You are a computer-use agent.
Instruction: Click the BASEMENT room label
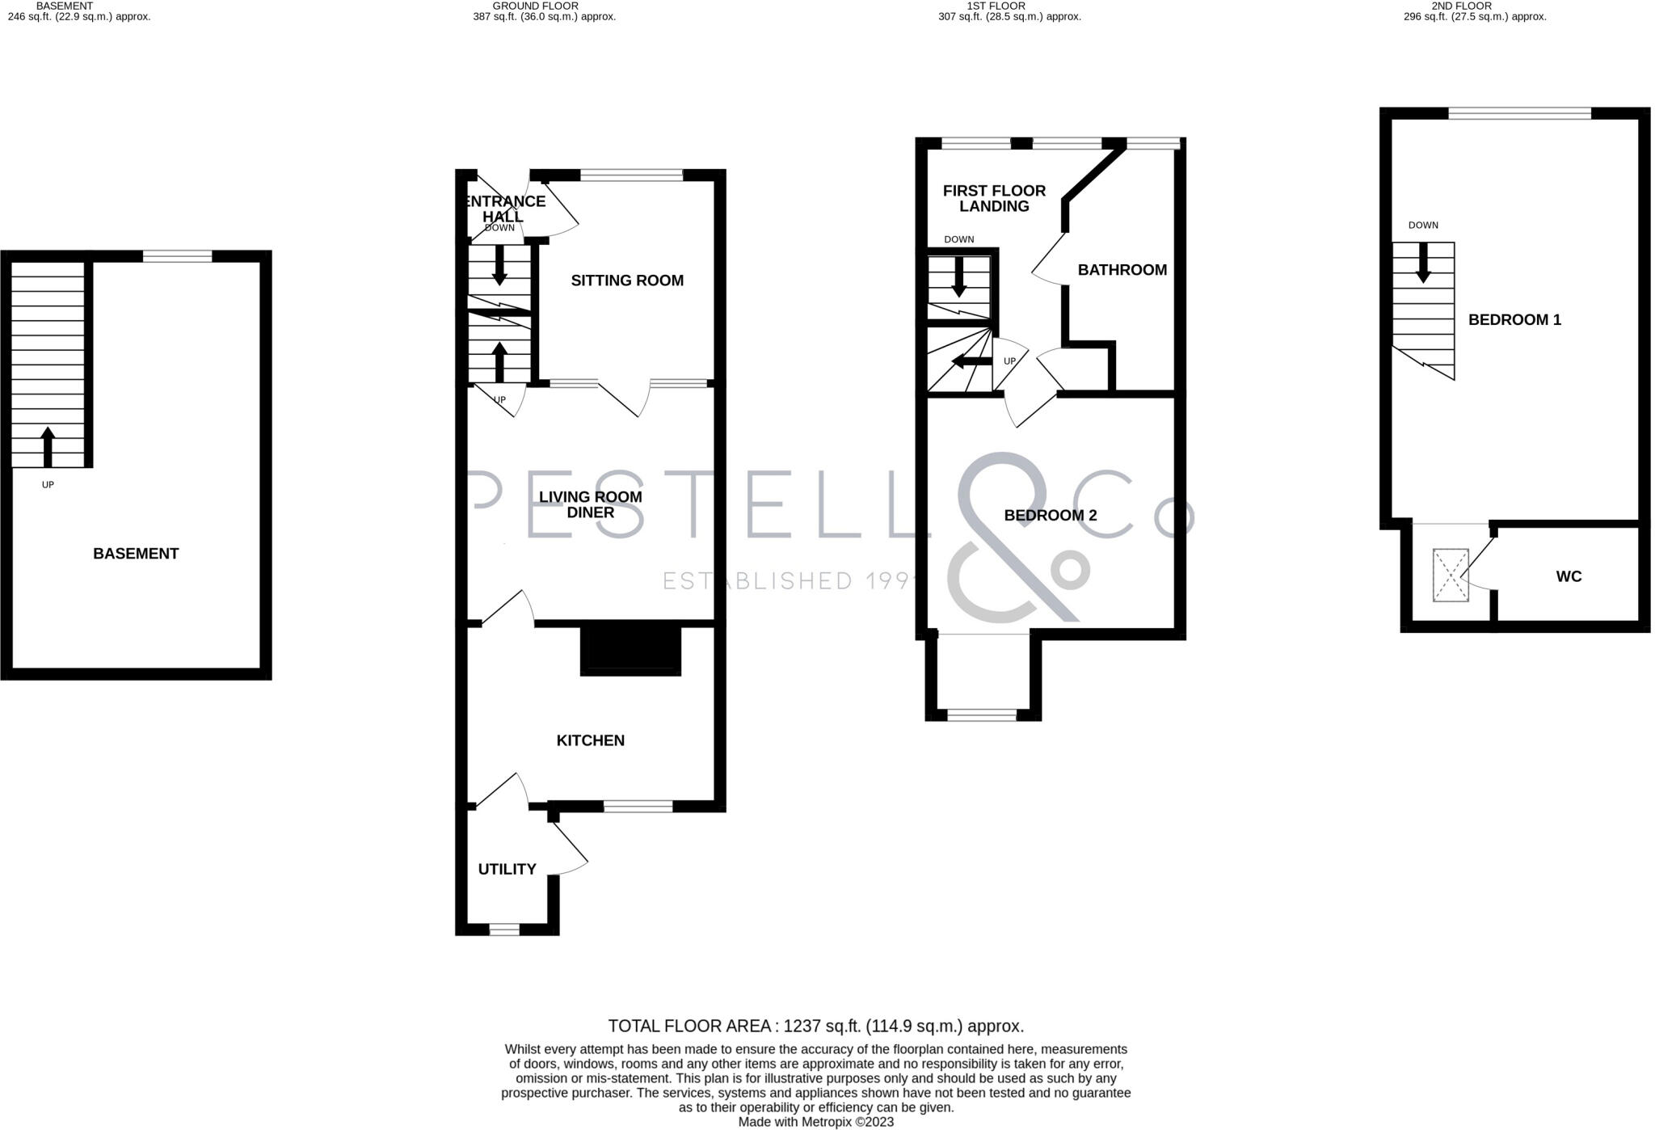(136, 554)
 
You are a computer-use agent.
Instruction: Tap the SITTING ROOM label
(627, 280)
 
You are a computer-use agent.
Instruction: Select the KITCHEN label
(590, 740)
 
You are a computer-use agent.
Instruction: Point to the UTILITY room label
(507, 869)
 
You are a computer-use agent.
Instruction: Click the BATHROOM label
(1122, 270)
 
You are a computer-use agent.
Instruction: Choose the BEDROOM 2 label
(1050, 516)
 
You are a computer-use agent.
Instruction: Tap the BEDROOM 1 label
(1514, 320)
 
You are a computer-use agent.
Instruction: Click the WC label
(1569, 576)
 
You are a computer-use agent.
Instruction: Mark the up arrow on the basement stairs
(48, 445)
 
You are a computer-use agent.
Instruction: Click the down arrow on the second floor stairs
(1423, 263)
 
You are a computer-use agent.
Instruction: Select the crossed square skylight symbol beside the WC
(1451, 576)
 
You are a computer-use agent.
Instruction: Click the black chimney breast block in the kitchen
(631, 651)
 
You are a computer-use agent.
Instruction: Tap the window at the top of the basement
(178, 257)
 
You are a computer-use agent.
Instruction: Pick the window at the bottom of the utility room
(504, 930)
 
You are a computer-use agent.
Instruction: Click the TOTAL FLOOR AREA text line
(815, 1027)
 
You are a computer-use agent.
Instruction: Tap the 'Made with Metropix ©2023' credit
(815, 1123)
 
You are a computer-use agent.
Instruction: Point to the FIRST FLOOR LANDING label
(994, 199)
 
